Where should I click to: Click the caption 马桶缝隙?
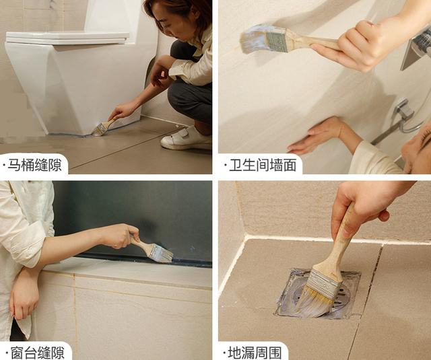(34, 165)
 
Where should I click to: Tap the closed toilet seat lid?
(67, 38)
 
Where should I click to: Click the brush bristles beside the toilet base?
(98, 131)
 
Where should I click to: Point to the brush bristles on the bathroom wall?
(252, 38)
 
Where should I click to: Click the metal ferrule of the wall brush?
(276, 41)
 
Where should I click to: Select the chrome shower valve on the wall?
(403, 109)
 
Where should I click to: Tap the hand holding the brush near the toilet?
(123, 110)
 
